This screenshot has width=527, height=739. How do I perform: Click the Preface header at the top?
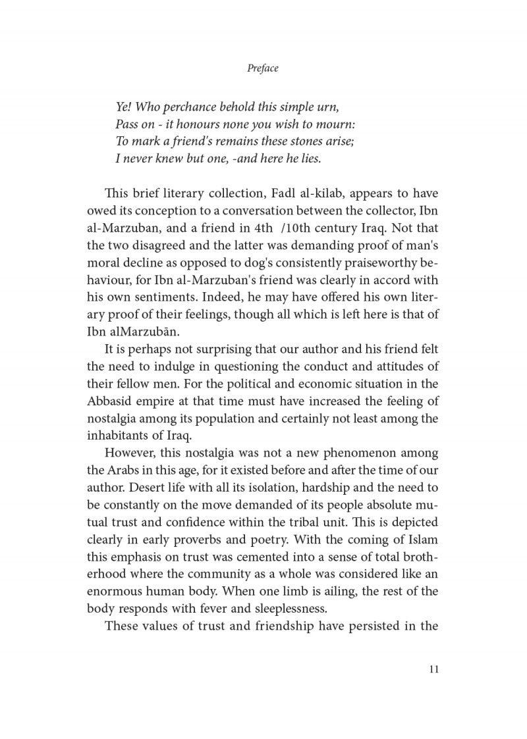263,68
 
